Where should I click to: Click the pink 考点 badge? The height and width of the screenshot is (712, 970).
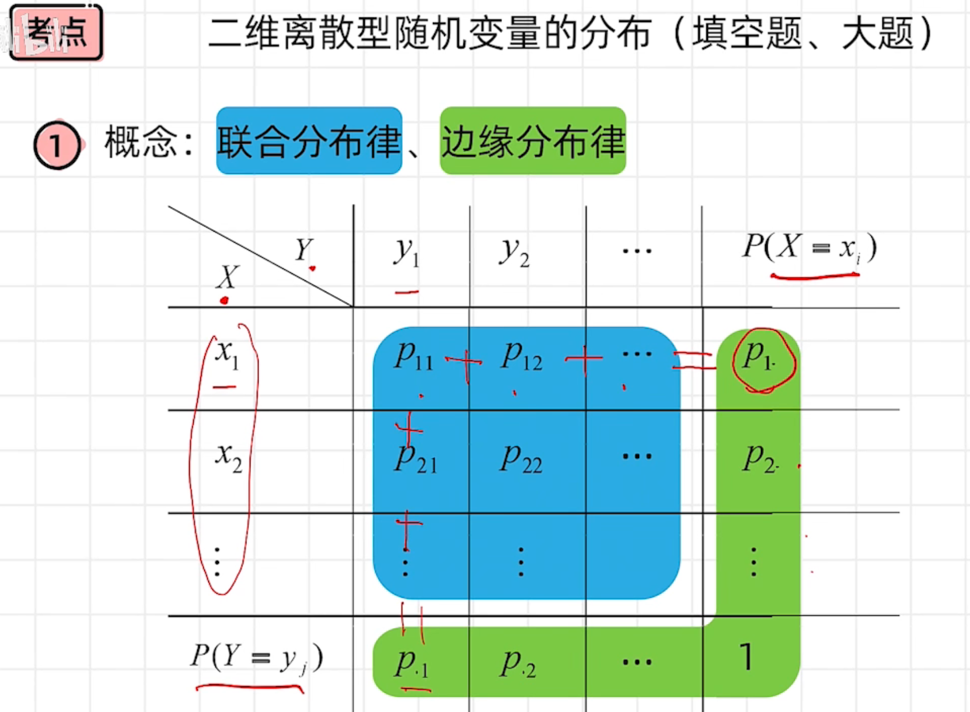point(56,32)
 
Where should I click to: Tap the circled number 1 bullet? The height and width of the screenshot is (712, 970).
point(57,145)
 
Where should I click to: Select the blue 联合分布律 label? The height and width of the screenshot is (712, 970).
point(309,141)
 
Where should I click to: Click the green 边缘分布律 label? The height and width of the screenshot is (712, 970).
point(532,141)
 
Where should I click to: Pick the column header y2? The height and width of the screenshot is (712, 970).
point(514,252)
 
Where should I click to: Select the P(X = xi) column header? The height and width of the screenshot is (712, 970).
point(809,248)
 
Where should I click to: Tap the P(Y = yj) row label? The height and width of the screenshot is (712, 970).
point(256,658)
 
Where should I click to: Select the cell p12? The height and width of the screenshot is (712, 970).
point(521,356)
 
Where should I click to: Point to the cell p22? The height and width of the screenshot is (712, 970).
point(521,459)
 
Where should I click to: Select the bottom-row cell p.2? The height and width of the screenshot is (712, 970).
point(518,664)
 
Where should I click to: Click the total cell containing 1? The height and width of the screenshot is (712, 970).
point(746,658)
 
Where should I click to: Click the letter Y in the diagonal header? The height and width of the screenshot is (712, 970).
point(304,250)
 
